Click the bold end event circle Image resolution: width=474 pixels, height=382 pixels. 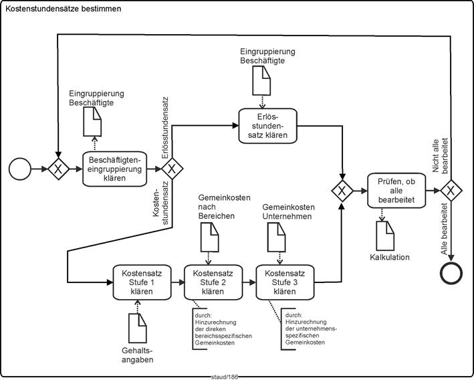[x=451, y=274]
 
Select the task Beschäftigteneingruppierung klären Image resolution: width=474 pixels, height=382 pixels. [x=114, y=169]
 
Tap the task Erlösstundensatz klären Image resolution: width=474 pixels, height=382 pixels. [x=267, y=124]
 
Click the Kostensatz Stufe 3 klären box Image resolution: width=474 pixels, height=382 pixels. [x=285, y=282]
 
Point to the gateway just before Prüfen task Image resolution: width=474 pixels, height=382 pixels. [x=342, y=191]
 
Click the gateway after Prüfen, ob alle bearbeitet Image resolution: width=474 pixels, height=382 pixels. [x=451, y=191]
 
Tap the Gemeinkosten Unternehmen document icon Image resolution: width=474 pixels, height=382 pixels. [x=275, y=235]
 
